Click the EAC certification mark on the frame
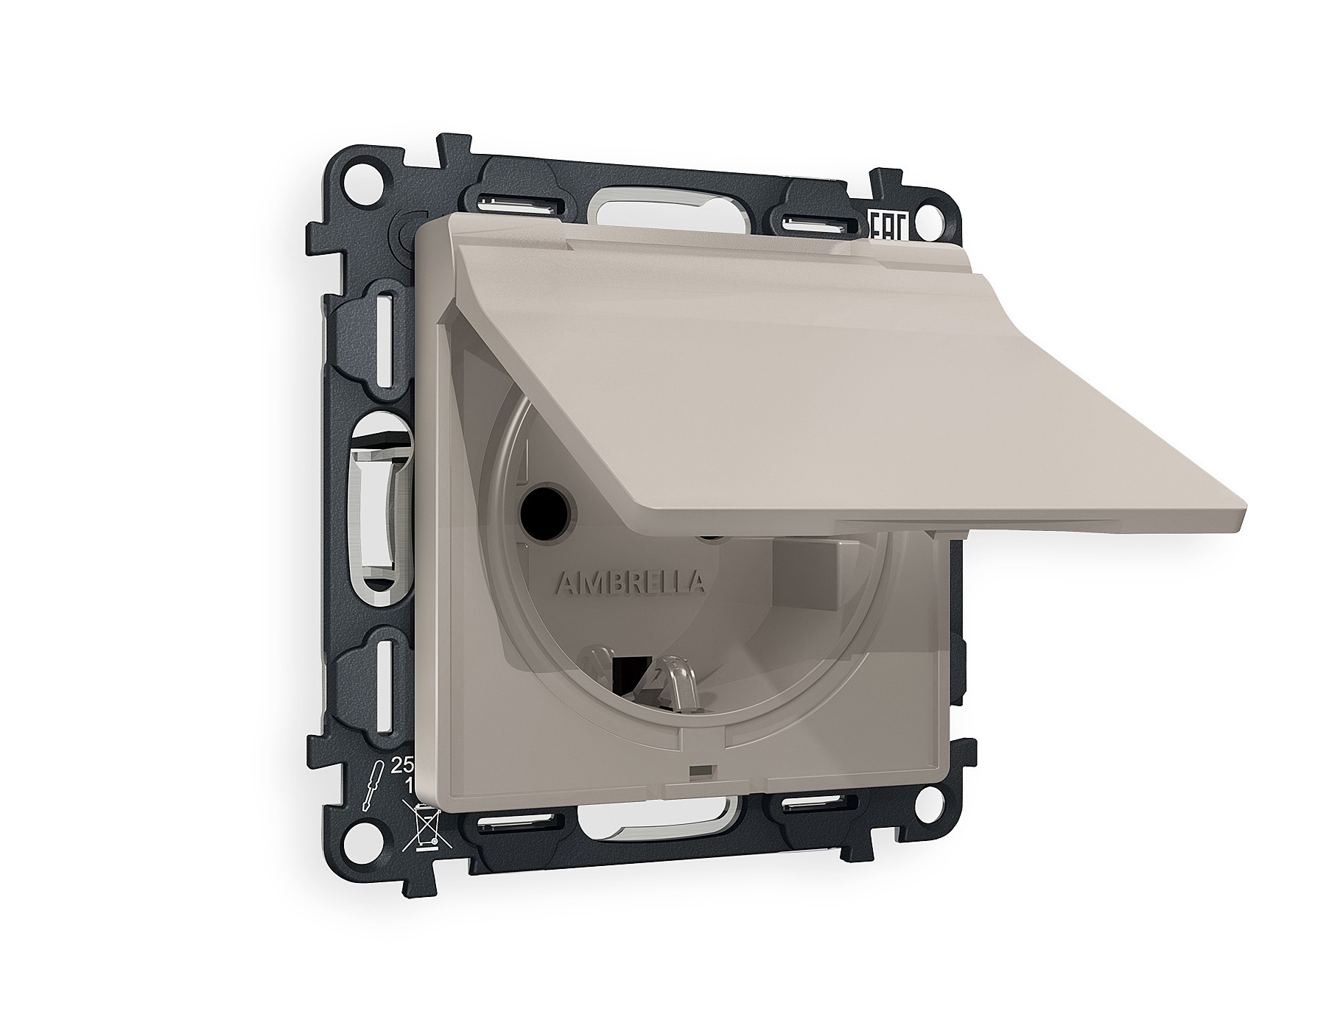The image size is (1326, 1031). pyautogui.click(x=886, y=225)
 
